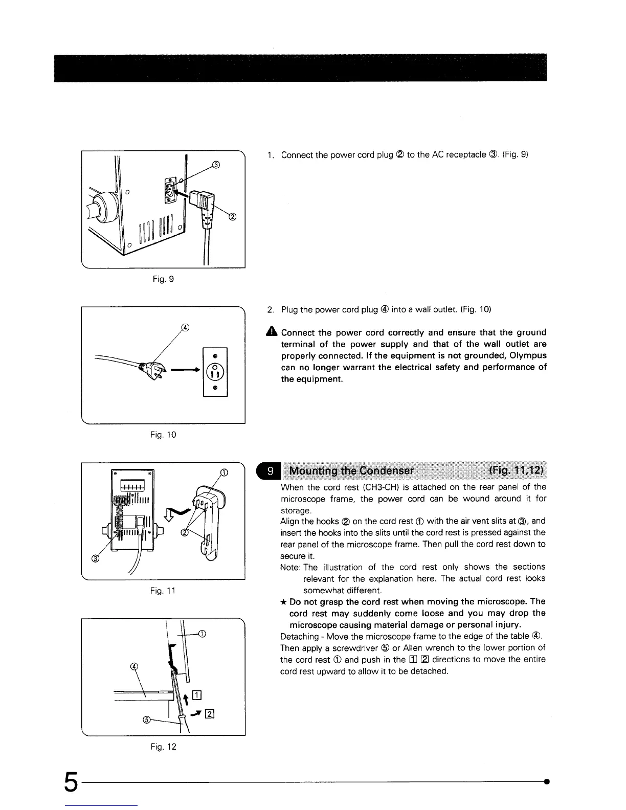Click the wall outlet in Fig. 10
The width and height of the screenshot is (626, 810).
click(215, 371)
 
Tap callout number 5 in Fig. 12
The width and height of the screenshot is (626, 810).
click(146, 720)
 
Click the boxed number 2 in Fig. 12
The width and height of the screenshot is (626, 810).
click(209, 715)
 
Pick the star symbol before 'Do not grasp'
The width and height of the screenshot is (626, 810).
click(284, 602)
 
